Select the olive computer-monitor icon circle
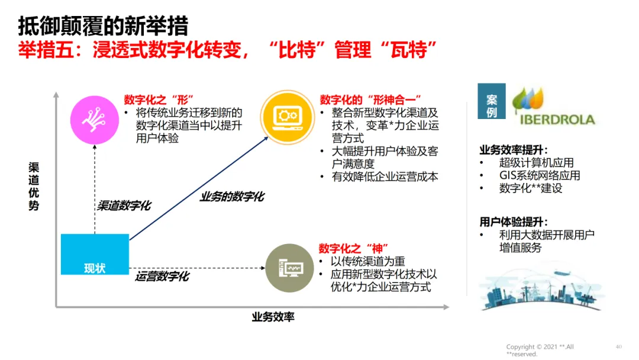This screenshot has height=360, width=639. pyautogui.click(x=289, y=268)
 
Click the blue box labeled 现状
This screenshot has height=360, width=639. pyautogui.click(x=95, y=254)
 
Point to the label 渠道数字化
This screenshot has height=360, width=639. pyautogui.click(x=124, y=205)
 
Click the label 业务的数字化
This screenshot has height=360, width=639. pyautogui.click(x=232, y=196)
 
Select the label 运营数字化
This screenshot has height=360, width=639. pyautogui.click(x=162, y=276)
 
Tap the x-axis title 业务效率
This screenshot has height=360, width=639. pyautogui.click(x=273, y=317)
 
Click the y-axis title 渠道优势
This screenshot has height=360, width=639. pyautogui.click(x=34, y=187)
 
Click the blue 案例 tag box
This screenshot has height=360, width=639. pyautogui.click(x=491, y=105)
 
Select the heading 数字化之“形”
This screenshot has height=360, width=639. pyautogui.click(x=159, y=99)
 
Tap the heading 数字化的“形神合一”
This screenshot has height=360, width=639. pyautogui.click(x=370, y=99)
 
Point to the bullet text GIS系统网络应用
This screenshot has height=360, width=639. pyautogui.click(x=539, y=175)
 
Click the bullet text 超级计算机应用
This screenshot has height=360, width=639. pyautogui.click(x=536, y=162)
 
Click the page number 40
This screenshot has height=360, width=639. pyautogui.click(x=618, y=346)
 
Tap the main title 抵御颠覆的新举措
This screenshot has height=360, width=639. pyautogui.click(x=103, y=26)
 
